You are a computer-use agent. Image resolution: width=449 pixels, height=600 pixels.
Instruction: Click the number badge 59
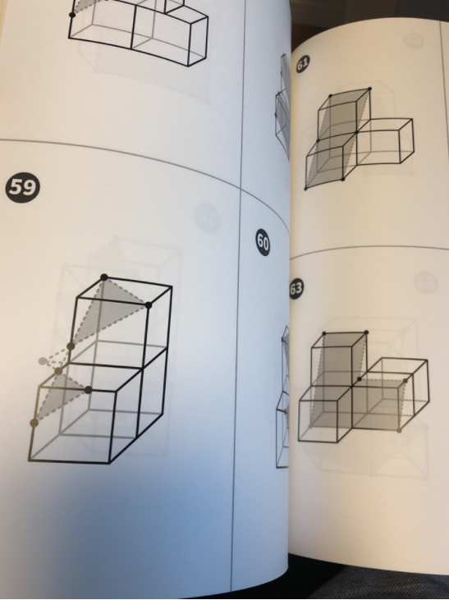(x=23, y=187)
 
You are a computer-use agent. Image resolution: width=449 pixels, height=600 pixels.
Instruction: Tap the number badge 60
(x=263, y=243)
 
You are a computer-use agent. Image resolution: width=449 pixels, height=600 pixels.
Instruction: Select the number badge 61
(x=303, y=64)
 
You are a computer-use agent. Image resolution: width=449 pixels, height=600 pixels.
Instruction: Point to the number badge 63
(x=296, y=288)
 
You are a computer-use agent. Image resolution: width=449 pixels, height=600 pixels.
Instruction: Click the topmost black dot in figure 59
(x=104, y=277)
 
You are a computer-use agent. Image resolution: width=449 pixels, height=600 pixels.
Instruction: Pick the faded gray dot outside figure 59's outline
(x=43, y=361)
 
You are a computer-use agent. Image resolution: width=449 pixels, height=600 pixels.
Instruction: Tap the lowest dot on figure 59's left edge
(x=34, y=423)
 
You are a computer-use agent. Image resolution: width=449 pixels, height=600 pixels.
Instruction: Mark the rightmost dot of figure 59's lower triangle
(x=89, y=390)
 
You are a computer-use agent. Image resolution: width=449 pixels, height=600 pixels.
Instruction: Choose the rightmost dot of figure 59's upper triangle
(x=149, y=305)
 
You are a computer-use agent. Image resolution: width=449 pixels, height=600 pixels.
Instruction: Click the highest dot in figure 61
(x=369, y=89)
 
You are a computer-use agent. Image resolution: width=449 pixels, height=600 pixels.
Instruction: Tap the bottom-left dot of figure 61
(x=306, y=188)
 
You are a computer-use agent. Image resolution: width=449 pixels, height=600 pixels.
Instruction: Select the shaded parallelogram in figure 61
(x=337, y=139)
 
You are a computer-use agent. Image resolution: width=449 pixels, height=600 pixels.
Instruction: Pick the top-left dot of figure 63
(x=324, y=334)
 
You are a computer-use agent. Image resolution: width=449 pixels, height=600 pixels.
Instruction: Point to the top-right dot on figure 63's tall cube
(x=366, y=332)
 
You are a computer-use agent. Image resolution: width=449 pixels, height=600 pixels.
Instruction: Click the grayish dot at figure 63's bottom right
(x=399, y=430)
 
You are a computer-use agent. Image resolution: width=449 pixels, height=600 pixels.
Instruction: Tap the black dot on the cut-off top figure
(x=72, y=15)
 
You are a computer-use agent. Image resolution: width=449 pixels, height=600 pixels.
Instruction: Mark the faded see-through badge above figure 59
(x=208, y=217)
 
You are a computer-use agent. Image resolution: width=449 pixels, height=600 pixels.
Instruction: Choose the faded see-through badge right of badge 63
(x=426, y=282)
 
